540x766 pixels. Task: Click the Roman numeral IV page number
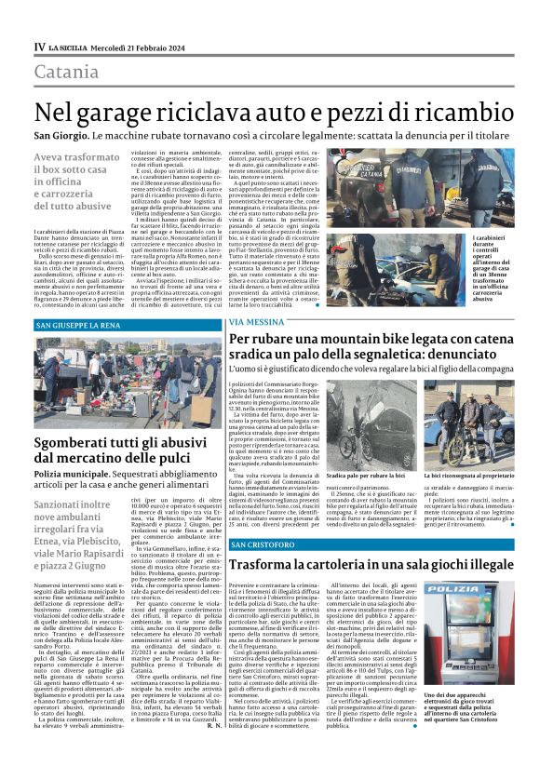(x=39, y=47)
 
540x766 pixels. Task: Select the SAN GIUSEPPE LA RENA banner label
(x=80, y=326)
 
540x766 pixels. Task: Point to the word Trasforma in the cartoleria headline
(x=269, y=565)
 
